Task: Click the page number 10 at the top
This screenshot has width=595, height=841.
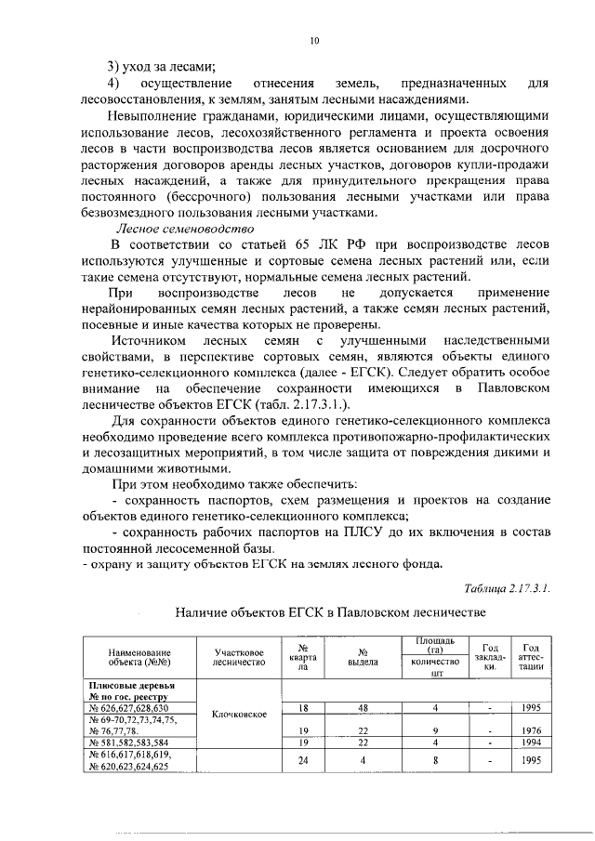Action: (x=314, y=40)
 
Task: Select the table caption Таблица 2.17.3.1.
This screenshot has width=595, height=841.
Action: (x=507, y=586)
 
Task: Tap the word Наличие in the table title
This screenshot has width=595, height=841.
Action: (x=202, y=613)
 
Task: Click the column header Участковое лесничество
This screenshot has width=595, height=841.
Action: (x=241, y=658)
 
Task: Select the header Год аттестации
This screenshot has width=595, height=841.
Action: (x=532, y=658)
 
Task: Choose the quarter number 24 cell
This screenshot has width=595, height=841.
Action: (x=302, y=760)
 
